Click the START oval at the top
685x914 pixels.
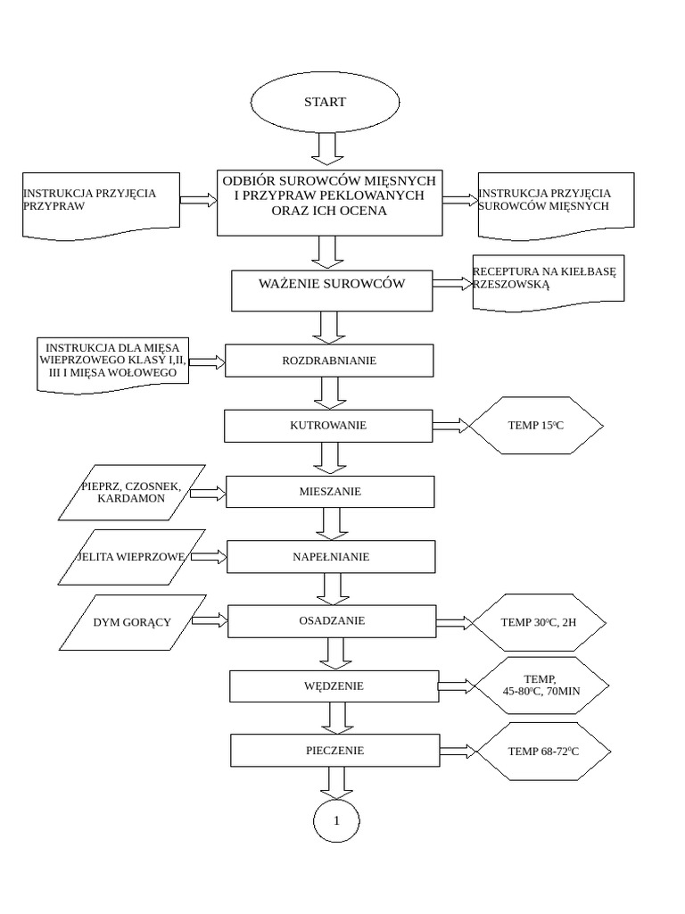pos(325,102)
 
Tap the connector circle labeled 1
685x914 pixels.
pos(336,819)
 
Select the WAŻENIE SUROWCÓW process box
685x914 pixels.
pos(332,286)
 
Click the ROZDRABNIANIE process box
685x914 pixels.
pos(329,361)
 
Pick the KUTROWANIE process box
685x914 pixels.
pos(328,426)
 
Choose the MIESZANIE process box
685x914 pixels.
pos(330,491)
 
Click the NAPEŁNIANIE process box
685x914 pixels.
pos(331,557)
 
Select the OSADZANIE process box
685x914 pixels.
pos(332,620)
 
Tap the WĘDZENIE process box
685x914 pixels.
pos(334,686)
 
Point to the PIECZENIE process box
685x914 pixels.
pos(334,751)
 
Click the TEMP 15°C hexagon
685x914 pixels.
pos(536,426)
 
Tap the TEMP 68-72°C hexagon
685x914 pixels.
pos(543,752)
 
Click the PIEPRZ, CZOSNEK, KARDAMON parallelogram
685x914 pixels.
pos(131,492)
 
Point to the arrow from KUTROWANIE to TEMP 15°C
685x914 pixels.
pos(451,426)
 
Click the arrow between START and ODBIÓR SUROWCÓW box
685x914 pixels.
pos(326,148)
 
